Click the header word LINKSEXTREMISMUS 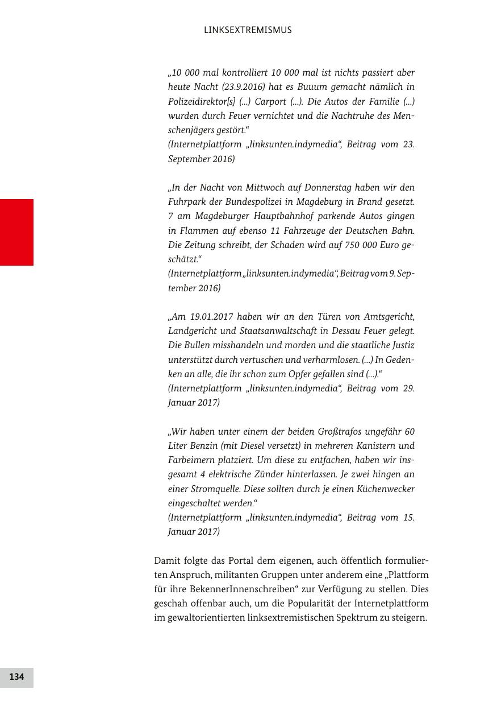click(248, 30)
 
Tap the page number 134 click(16, 677)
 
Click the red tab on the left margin click(16, 232)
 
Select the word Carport click(270, 101)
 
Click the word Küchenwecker click(386, 489)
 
